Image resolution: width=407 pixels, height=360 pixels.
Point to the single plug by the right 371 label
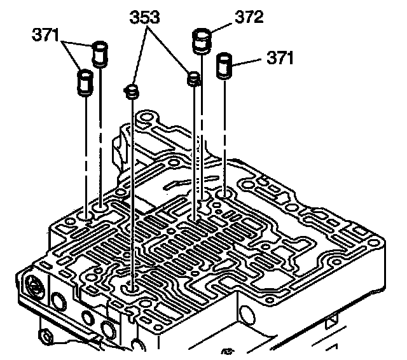coord(225,65)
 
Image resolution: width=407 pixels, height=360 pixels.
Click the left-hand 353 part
coord(132,92)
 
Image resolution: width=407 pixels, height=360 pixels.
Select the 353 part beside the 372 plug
coord(193,79)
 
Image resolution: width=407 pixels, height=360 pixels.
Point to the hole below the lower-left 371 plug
coord(85,220)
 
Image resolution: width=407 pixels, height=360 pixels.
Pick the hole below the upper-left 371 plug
coord(101,207)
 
